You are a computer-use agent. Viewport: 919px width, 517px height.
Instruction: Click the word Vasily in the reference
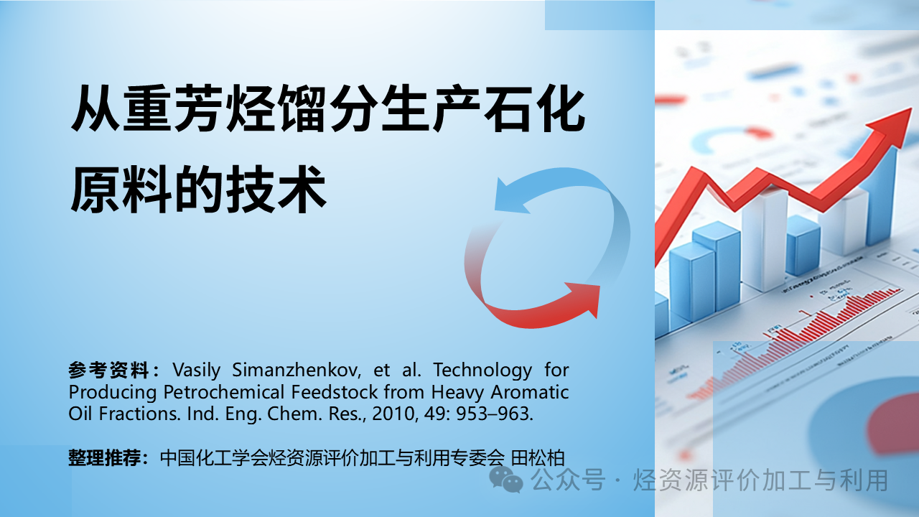coord(197,370)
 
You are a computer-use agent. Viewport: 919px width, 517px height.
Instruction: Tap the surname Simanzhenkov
coord(297,370)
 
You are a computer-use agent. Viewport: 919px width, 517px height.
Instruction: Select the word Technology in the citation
coord(483,371)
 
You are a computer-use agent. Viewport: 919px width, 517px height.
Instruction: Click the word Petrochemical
coord(223,392)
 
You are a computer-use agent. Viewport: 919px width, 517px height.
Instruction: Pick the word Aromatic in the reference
coord(530,392)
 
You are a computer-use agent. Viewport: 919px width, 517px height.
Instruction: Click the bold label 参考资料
coord(108,370)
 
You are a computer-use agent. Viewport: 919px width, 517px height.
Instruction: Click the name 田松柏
coord(538,458)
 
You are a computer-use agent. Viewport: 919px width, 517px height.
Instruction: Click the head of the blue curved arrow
coord(510,197)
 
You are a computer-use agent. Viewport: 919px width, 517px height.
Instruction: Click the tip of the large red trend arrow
coord(911,109)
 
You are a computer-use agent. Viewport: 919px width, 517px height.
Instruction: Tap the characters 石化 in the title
coord(535,108)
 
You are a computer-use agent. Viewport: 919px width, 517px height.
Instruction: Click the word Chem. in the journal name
coord(294,414)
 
